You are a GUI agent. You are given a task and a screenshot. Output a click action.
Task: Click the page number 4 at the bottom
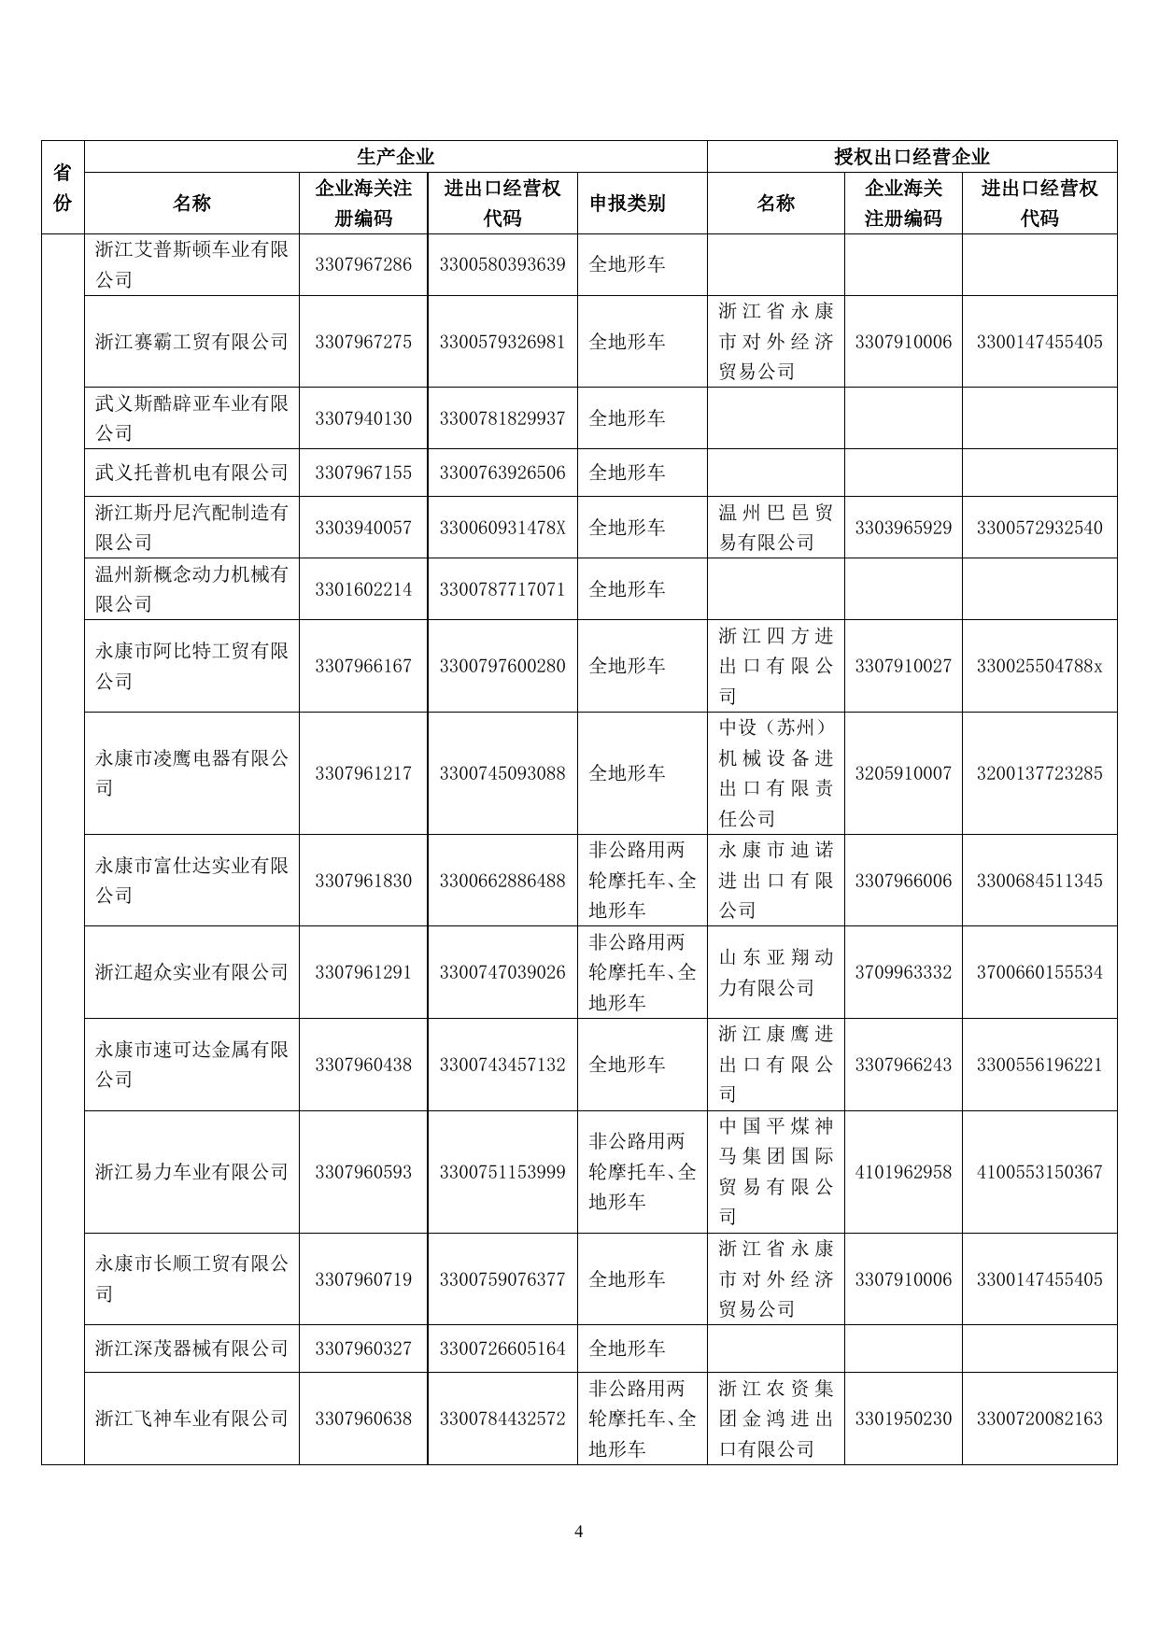pos(579,1532)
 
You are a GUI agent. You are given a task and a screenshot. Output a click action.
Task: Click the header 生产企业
pos(395,157)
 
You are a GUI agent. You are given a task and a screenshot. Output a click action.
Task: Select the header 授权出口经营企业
pos(912,157)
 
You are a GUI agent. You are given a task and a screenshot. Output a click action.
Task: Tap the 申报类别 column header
pos(627,204)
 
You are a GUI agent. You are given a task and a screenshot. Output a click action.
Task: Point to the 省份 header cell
pos(63,188)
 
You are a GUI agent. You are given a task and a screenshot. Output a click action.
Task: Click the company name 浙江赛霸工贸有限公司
pos(191,342)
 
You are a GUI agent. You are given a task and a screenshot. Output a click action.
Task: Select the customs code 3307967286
pos(363,264)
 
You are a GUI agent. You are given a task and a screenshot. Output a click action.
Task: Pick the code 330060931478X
pos(502,528)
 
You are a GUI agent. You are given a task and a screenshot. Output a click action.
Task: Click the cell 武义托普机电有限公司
pos(191,473)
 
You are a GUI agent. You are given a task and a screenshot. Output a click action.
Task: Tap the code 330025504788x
pos(1039,666)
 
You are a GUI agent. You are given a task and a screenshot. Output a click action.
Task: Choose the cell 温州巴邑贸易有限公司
pos(775,528)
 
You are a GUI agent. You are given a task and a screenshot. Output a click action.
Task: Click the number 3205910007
pos(903,773)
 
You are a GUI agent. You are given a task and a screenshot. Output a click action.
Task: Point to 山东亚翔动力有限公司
pos(775,972)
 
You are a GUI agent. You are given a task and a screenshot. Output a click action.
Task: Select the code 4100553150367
pos(1039,1172)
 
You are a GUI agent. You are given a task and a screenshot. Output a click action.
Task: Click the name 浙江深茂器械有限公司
pos(191,1349)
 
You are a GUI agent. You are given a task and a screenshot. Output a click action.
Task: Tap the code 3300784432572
pos(502,1419)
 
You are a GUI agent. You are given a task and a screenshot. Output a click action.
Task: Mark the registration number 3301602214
pos(363,589)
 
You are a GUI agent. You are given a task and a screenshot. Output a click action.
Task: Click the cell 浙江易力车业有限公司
pos(191,1172)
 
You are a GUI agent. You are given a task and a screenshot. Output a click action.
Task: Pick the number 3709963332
pos(903,972)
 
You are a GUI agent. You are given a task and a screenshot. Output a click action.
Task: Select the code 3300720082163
pos(1039,1419)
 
